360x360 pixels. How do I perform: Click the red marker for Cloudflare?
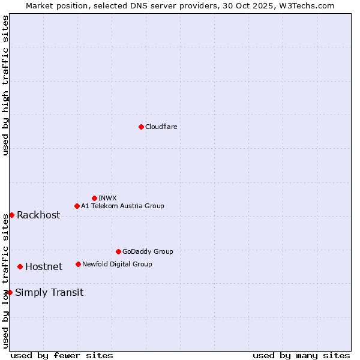click(141, 127)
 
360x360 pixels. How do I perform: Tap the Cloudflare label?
click(161, 127)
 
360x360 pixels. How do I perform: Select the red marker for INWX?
click(94, 198)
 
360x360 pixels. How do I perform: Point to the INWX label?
click(107, 198)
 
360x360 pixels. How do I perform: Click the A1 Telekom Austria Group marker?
click(77, 206)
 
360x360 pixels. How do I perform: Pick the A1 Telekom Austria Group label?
click(122, 206)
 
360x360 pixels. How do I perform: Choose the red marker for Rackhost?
click(11, 215)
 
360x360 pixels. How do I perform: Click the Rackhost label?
click(38, 215)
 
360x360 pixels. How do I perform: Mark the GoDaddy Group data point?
click(118, 251)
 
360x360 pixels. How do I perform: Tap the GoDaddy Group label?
click(148, 251)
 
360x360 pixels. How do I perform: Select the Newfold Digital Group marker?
click(78, 264)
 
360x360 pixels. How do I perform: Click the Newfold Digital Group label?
click(117, 264)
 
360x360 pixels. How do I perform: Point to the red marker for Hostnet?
click(20, 266)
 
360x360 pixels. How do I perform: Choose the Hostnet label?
click(44, 267)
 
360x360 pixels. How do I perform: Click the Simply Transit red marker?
click(10, 292)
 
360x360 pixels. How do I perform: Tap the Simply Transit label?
click(49, 293)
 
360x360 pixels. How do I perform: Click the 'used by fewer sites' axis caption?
click(62, 355)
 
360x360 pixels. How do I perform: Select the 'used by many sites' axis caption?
click(301, 355)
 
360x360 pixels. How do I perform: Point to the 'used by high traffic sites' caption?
click(5, 85)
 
